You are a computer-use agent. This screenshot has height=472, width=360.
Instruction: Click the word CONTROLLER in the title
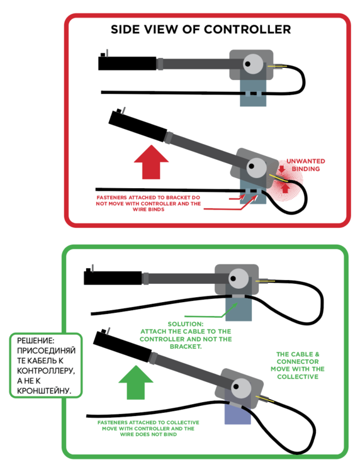click(247, 30)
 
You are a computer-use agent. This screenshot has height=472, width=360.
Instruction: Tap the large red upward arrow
click(151, 162)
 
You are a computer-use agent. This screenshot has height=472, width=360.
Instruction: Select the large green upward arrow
click(136, 382)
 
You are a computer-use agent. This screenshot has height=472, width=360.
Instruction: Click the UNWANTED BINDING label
click(305, 165)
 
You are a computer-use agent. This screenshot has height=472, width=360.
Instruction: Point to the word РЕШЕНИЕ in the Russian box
click(35, 340)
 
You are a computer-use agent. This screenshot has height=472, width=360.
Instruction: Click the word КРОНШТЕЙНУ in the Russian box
click(44, 391)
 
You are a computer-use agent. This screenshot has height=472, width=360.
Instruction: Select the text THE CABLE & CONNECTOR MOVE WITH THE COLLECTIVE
click(298, 366)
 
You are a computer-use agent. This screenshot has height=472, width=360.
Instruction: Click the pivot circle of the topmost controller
click(253, 64)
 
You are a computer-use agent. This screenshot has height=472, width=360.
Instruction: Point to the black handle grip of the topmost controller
click(127, 63)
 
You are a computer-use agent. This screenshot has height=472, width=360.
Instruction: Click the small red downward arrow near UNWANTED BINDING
click(281, 169)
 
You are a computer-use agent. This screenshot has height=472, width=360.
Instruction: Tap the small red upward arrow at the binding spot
click(285, 188)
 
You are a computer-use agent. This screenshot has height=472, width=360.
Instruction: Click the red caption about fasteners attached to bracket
click(148, 203)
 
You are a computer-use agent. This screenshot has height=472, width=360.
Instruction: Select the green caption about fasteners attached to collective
click(148, 429)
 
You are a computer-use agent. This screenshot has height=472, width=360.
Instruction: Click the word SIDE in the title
click(125, 30)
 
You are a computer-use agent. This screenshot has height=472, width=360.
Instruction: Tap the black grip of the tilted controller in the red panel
click(138, 126)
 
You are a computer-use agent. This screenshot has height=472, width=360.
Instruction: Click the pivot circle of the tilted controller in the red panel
click(256, 167)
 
